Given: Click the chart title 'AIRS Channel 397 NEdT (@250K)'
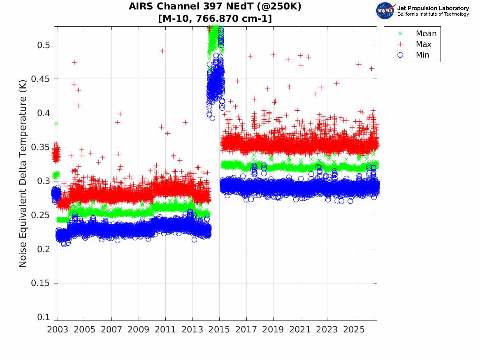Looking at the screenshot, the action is (215, 7).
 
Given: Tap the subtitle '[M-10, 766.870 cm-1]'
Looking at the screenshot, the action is (215, 19).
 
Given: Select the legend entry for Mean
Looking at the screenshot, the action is (418, 33).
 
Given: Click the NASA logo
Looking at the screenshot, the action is (385, 11).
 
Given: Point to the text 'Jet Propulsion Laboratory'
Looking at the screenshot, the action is (433, 8).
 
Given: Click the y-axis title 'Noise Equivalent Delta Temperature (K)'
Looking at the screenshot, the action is (23, 174).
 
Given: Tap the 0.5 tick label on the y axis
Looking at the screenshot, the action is (44, 45).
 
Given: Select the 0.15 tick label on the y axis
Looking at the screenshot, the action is (40, 283).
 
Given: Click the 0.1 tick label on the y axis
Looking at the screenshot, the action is (44, 317).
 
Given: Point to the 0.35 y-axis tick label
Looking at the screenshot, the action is (40, 147).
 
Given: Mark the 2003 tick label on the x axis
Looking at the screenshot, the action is (58, 330).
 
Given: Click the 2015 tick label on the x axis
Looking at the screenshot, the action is (219, 330).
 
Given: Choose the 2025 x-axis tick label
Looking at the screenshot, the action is (354, 330).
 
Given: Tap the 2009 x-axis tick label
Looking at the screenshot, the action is (138, 330).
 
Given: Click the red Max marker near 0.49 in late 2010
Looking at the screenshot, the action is (162, 51).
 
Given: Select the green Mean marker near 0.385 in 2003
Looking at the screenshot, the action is (56, 124).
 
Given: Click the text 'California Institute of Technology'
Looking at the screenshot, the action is (433, 14).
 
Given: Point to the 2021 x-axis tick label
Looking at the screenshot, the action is (300, 330).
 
